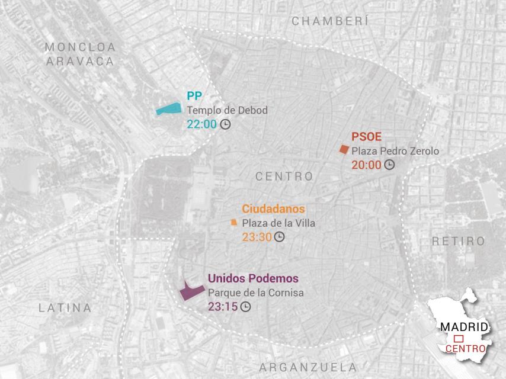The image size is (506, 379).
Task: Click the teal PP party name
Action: (x=194, y=96)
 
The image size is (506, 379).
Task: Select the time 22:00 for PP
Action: (x=201, y=124)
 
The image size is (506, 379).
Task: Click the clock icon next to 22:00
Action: (x=225, y=124)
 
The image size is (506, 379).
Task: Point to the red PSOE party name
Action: (x=366, y=137)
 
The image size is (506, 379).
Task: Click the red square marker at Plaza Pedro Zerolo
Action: (x=343, y=150)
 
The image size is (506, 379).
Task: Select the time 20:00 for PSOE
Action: (x=366, y=165)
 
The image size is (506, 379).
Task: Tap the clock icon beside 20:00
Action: (x=389, y=165)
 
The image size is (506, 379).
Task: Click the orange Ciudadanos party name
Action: (x=273, y=209)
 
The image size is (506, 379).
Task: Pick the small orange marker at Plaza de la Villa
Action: (x=233, y=223)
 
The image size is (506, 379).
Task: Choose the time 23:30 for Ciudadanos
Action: (x=257, y=237)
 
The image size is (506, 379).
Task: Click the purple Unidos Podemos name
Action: (x=253, y=278)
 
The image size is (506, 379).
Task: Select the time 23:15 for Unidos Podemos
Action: (x=222, y=307)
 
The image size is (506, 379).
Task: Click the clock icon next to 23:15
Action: (x=245, y=307)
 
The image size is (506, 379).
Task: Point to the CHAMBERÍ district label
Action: (x=330, y=21)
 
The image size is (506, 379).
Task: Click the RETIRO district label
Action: (x=458, y=241)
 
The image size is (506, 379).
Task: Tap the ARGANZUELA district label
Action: (x=308, y=367)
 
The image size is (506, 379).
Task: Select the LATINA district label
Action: (x=65, y=308)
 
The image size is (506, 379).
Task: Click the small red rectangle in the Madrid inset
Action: (x=458, y=338)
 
